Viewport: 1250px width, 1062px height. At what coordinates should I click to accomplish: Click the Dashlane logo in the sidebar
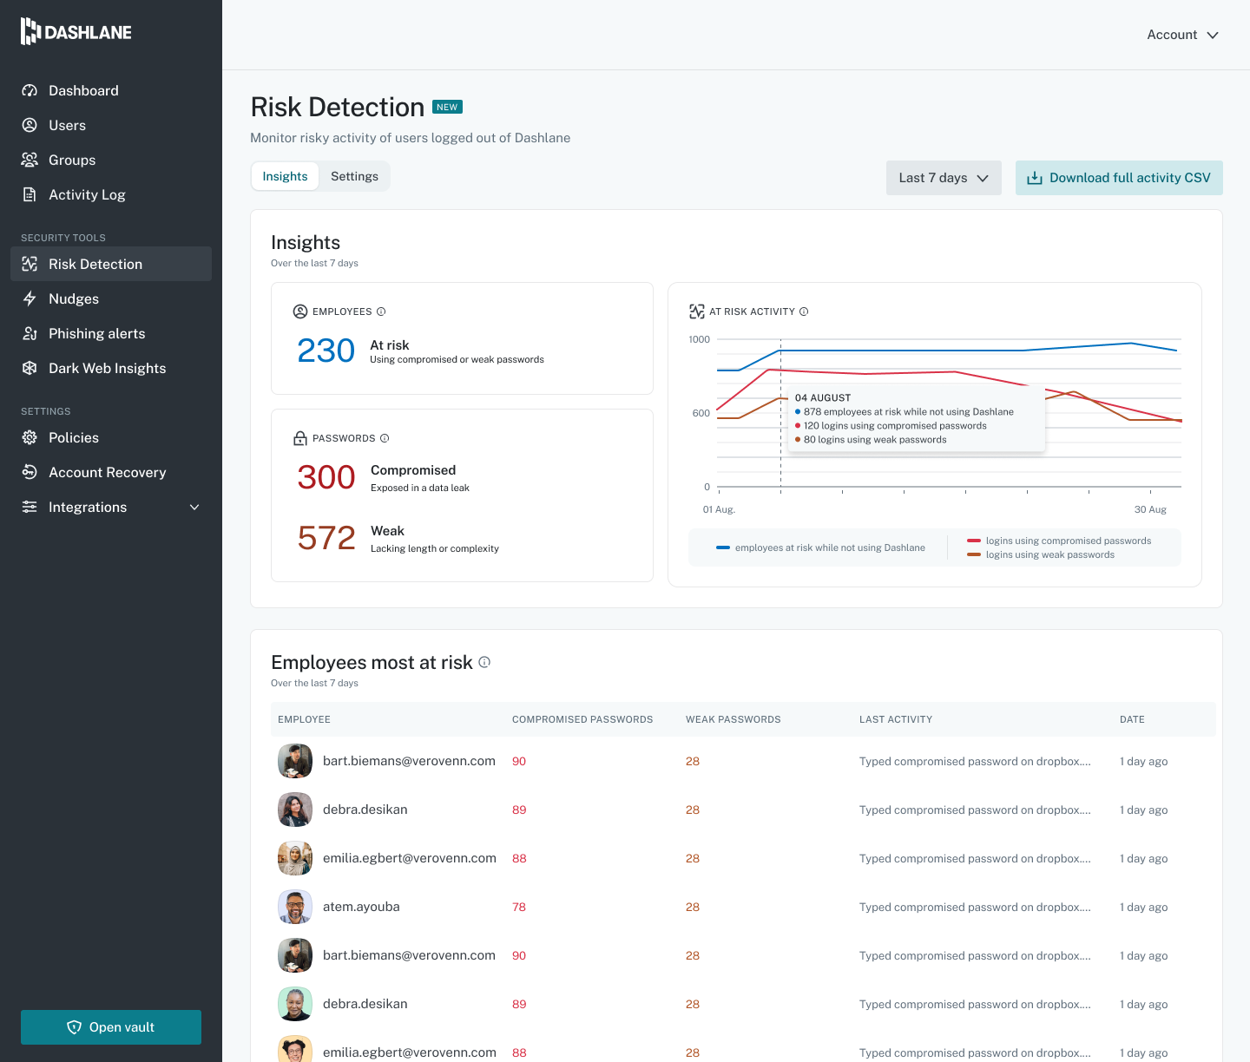[76, 31]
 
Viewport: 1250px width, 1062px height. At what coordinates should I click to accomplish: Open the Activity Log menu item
[87, 194]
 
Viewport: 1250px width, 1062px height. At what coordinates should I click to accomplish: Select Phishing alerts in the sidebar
[96, 334]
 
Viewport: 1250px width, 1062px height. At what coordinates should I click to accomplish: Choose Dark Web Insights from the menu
[107, 368]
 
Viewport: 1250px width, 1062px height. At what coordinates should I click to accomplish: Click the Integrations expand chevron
[194, 507]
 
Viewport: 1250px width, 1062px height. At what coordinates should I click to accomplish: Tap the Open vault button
[110, 1027]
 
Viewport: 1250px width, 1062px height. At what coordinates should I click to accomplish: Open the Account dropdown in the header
[1182, 35]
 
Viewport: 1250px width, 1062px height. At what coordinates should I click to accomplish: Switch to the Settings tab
[354, 176]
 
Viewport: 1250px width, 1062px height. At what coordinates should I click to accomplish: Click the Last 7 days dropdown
[944, 178]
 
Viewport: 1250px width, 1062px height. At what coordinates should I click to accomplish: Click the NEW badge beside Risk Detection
[447, 107]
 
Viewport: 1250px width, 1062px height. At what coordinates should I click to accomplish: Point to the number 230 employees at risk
[326, 351]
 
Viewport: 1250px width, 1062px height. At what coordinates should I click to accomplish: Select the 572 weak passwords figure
[326, 538]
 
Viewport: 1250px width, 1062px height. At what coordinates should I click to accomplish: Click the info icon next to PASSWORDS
[385, 438]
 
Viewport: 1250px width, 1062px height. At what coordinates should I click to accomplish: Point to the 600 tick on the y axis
[701, 414]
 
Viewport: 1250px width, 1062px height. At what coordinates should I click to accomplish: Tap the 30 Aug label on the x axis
[1149, 509]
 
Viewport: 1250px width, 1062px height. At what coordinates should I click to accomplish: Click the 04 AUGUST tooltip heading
[822, 397]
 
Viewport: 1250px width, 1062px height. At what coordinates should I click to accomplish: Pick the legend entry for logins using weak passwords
[1041, 555]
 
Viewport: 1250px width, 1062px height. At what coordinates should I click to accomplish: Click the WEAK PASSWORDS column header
[733, 719]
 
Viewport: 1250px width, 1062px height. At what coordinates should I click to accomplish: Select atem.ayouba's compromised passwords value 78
[519, 907]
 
